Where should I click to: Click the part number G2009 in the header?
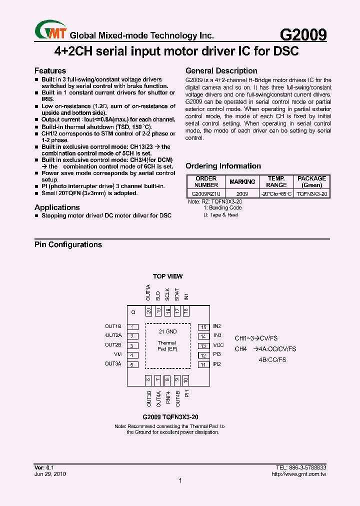303,34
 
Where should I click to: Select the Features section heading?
50,71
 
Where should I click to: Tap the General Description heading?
221,71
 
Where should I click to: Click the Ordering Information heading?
223,166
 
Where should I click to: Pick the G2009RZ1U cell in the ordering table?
206,193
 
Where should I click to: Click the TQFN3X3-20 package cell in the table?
311,193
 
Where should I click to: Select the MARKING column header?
242,181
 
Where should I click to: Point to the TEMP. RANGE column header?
276,181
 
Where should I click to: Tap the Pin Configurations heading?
68,244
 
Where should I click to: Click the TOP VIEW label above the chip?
167,276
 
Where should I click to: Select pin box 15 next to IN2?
203,327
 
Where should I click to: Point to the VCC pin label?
218,345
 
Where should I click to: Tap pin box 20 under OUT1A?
148,311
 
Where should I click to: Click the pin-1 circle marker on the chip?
133,312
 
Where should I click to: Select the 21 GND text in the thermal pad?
167,331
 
